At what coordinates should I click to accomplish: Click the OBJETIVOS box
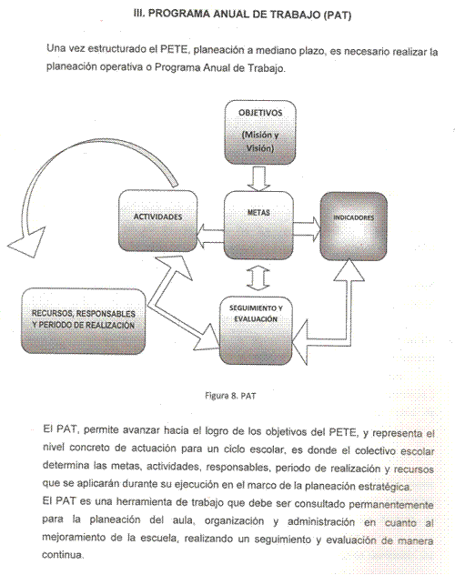pos(260,133)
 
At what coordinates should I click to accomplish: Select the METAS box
pos(258,225)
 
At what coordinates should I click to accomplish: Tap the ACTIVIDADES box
pos(158,220)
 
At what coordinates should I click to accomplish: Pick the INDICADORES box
pos(353,227)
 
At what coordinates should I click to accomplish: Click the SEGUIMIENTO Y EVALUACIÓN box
pos(256,330)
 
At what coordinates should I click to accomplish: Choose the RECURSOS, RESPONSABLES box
pos(83,321)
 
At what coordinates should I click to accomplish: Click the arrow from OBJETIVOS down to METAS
pos(258,177)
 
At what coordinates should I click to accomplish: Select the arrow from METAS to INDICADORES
pos(307,229)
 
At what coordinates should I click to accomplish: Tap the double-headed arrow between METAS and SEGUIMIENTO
pos(258,278)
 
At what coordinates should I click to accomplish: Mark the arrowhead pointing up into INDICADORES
pos(349,270)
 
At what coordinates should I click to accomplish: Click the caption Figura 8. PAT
pos(230,396)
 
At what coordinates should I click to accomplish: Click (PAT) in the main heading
pos(338,15)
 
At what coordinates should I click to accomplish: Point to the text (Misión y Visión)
pos(260,141)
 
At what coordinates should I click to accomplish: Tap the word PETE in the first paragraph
pos(174,49)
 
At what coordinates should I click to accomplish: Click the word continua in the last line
pos(62,554)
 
